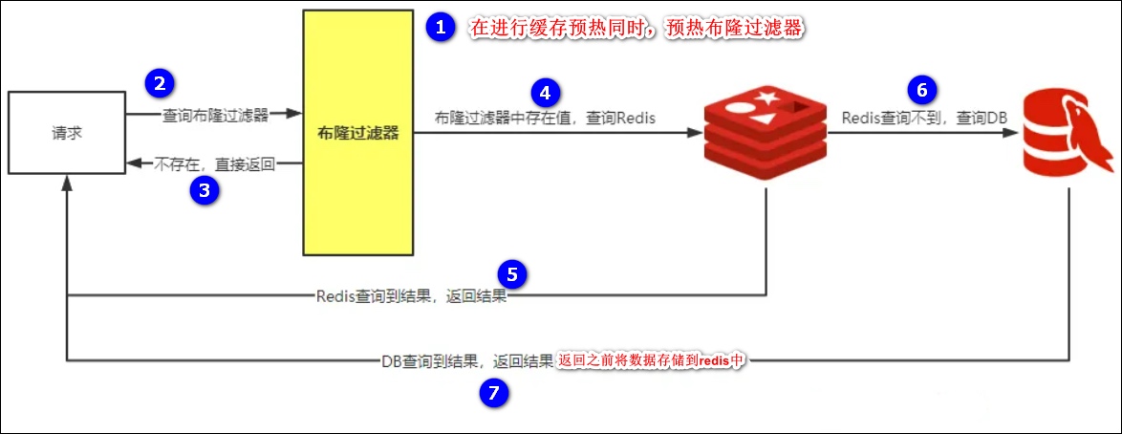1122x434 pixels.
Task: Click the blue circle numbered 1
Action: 441,28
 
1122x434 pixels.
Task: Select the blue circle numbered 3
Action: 204,189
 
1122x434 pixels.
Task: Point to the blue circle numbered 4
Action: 545,92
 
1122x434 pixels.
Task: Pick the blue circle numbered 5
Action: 512,274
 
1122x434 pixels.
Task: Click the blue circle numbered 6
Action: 921,90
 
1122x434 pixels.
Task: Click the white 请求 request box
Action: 67,133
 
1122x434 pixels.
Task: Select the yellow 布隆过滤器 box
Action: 358,133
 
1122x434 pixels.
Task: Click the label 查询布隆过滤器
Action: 215,115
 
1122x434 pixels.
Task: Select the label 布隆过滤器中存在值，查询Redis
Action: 543,118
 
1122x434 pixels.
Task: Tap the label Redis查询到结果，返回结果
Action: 411,296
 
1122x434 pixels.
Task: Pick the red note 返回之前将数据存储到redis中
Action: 651,360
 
